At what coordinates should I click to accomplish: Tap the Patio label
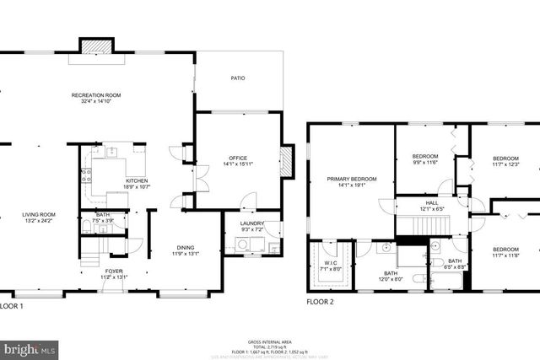pyautogui.click(x=238, y=78)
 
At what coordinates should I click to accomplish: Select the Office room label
pyautogui.click(x=237, y=157)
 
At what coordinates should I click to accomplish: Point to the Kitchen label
pyautogui.click(x=138, y=180)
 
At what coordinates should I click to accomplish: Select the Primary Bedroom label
pyautogui.click(x=352, y=179)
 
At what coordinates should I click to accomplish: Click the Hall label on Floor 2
pyautogui.click(x=430, y=203)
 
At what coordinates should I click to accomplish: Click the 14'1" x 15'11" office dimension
pyautogui.click(x=237, y=164)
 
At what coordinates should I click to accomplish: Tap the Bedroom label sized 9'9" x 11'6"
pyautogui.click(x=424, y=157)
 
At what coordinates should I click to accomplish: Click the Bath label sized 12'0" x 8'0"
pyautogui.click(x=391, y=273)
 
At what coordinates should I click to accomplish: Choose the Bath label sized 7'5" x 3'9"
pyautogui.click(x=102, y=215)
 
